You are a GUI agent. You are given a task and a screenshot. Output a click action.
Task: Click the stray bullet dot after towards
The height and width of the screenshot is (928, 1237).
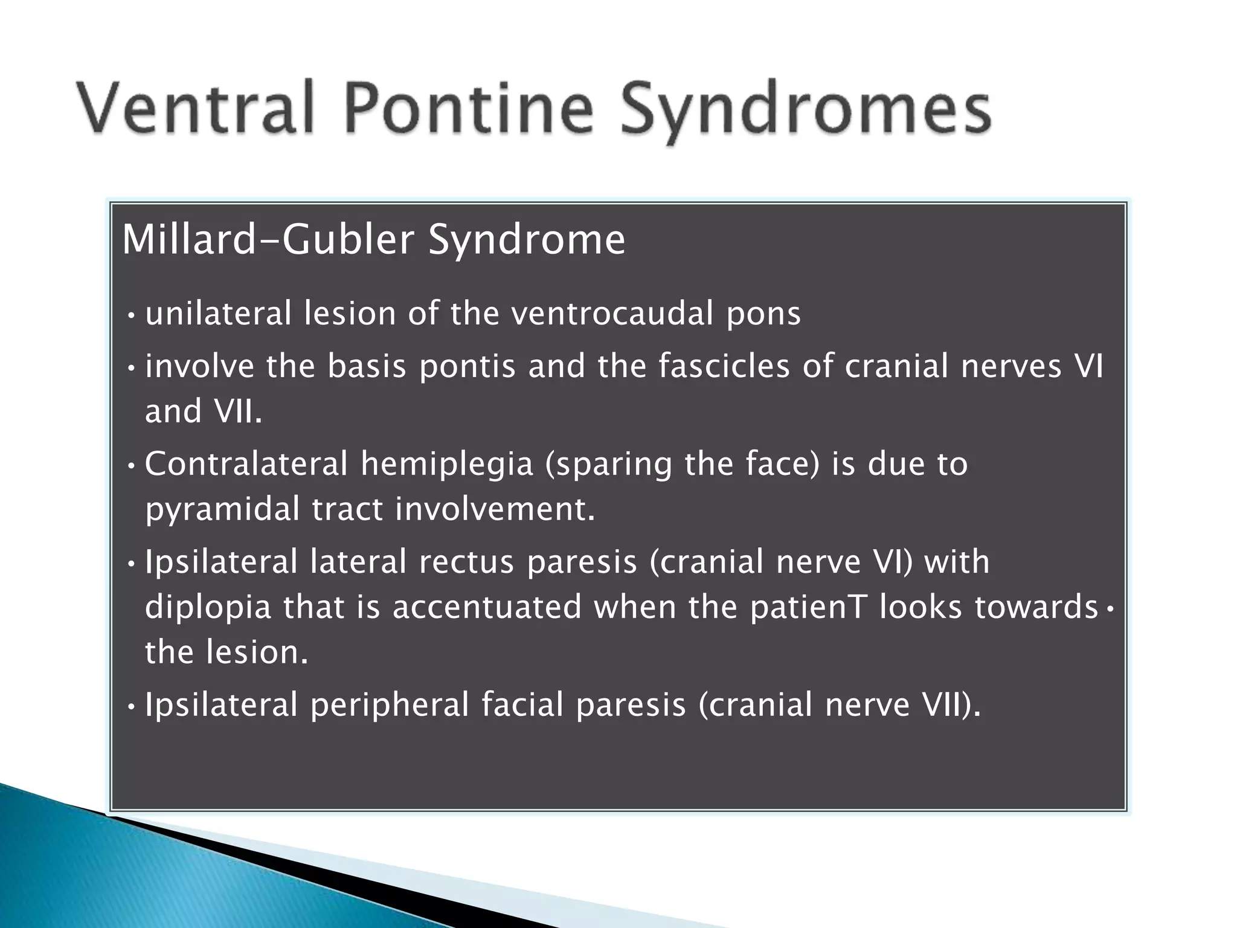coord(1110,610)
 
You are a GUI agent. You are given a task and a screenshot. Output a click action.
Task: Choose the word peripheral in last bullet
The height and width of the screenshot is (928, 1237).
coord(390,706)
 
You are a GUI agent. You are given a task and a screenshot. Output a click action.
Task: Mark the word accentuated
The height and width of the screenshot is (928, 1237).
coord(487,607)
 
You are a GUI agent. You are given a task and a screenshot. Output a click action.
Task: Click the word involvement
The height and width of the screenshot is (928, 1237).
coord(495,509)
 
